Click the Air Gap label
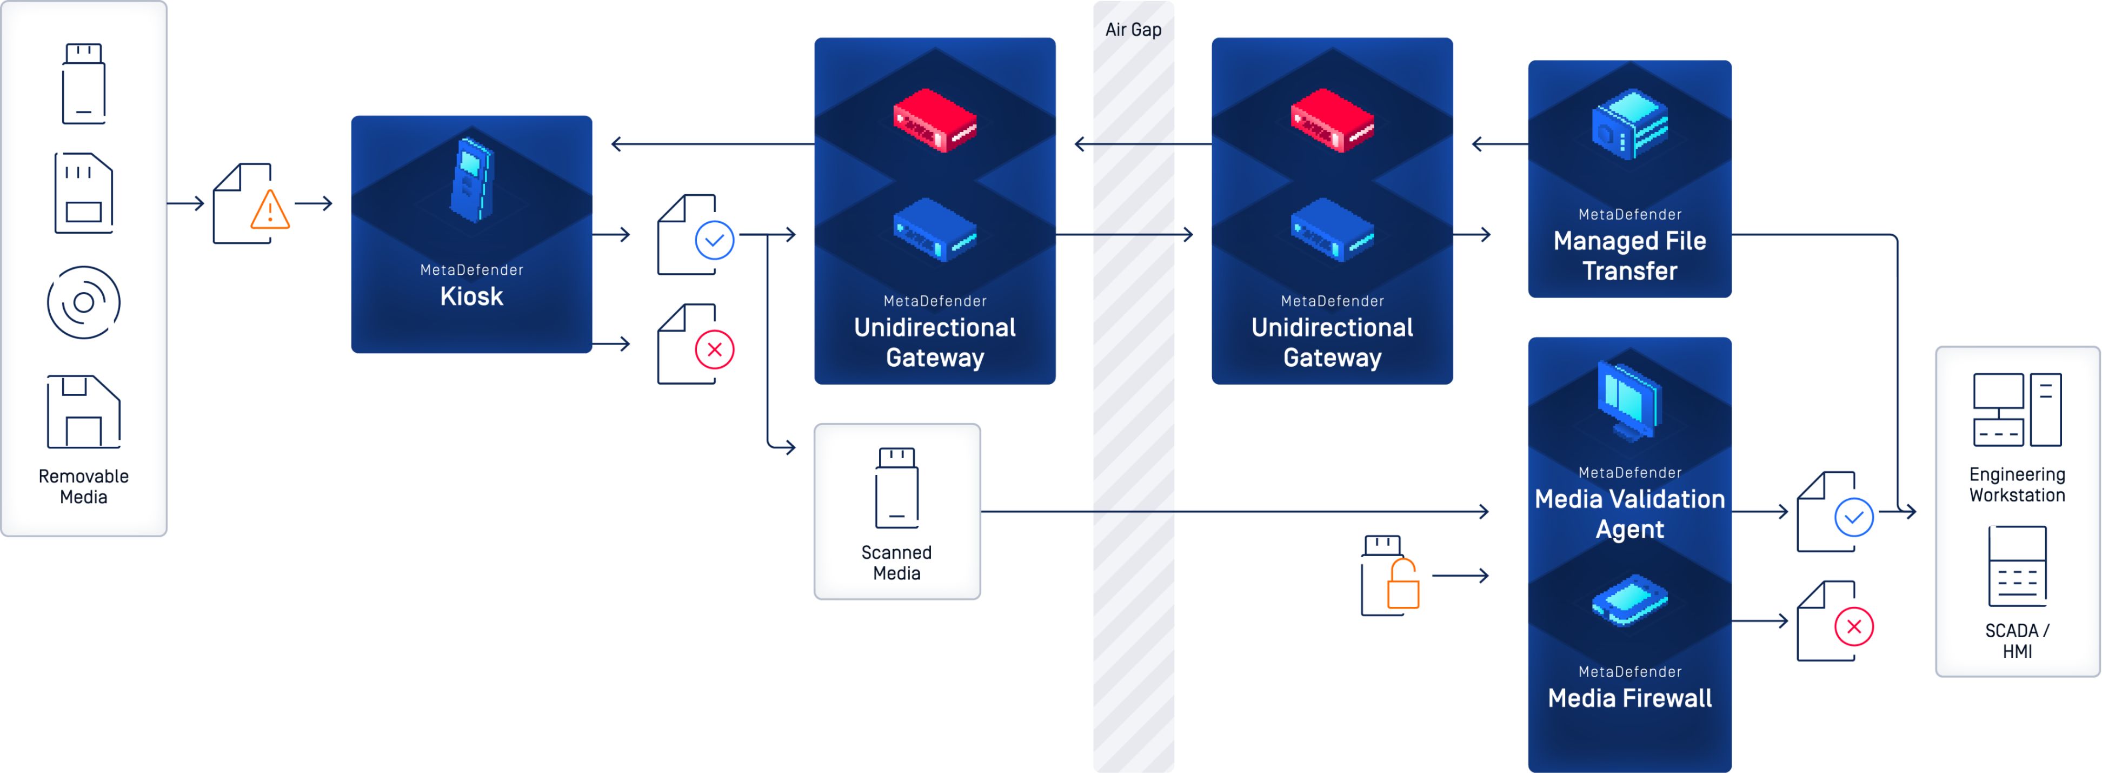coord(1133,29)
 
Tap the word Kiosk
coord(471,296)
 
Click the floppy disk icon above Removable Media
coord(83,412)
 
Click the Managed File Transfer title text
coord(1629,255)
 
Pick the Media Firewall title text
coord(1629,698)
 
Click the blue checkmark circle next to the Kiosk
coord(714,240)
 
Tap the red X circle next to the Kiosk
coord(714,349)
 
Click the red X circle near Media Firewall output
coord(1853,627)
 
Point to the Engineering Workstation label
coord(2017,485)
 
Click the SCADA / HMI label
coord(2017,641)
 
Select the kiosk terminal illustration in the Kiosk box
coord(471,180)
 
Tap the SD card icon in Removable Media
coord(83,194)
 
